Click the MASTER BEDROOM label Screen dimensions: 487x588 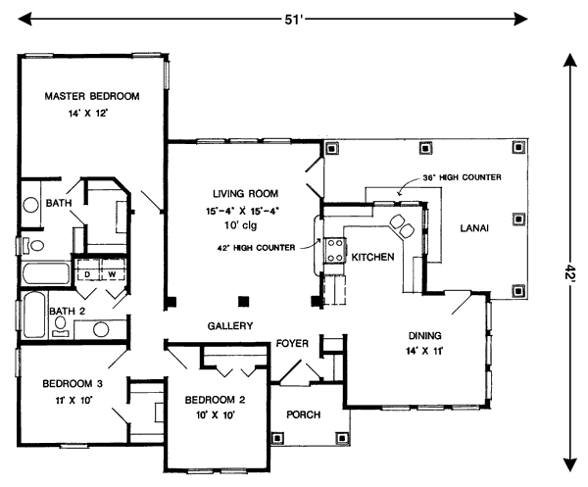[x=91, y=96]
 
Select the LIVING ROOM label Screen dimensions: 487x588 [x=245, y=193]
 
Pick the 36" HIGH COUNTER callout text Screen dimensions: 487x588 [x=463, y=177]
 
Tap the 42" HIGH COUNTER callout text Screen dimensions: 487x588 [x=259, y=247]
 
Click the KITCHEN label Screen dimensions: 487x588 [x=372, y=257]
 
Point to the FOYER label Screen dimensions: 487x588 [x=292, y=344]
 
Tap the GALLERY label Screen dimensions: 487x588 [x=230, y=325]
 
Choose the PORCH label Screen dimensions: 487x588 [x=304, y=414]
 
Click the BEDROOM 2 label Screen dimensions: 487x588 [x=214, y=399]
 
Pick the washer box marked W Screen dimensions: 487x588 [x=112, y=273]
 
